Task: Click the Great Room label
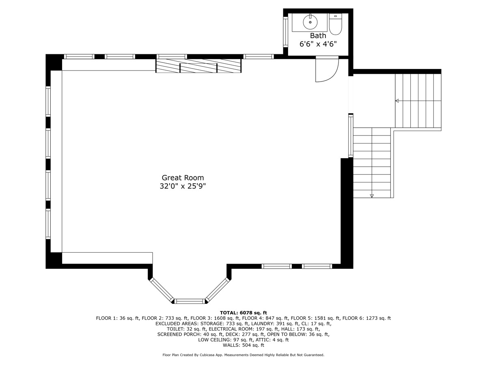pos(183,178)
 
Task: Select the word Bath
pos(318,36)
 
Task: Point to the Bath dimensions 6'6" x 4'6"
pos(318,44)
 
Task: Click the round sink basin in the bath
pos(310,22)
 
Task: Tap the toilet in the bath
pos(335,25)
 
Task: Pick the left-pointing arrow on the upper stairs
pos(397,101)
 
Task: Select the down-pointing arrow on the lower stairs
pos(372,196)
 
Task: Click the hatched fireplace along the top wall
pos(198,66)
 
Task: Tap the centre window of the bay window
pos(190,301)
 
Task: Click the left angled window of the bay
pos(161,290)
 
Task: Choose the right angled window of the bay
pos(218,290)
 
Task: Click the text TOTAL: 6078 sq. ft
pos(243,313)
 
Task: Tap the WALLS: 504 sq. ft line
pos(243,346)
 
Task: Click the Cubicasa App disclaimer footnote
pos(243,355)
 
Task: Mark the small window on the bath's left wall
pos(285,31)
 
